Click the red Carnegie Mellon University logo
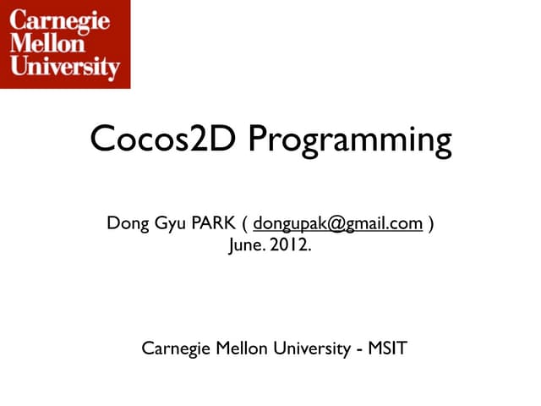[65, 43]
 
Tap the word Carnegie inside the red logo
[60, 20]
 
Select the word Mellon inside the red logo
[47, 42]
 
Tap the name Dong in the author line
[128, 224]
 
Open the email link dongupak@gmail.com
[338, 224]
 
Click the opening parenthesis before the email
[245, 224]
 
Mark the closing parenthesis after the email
[432, 224]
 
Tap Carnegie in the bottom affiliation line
[173, 348]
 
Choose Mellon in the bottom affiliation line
[236, 348]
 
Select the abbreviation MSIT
[387, 348]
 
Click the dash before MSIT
[359, 348]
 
